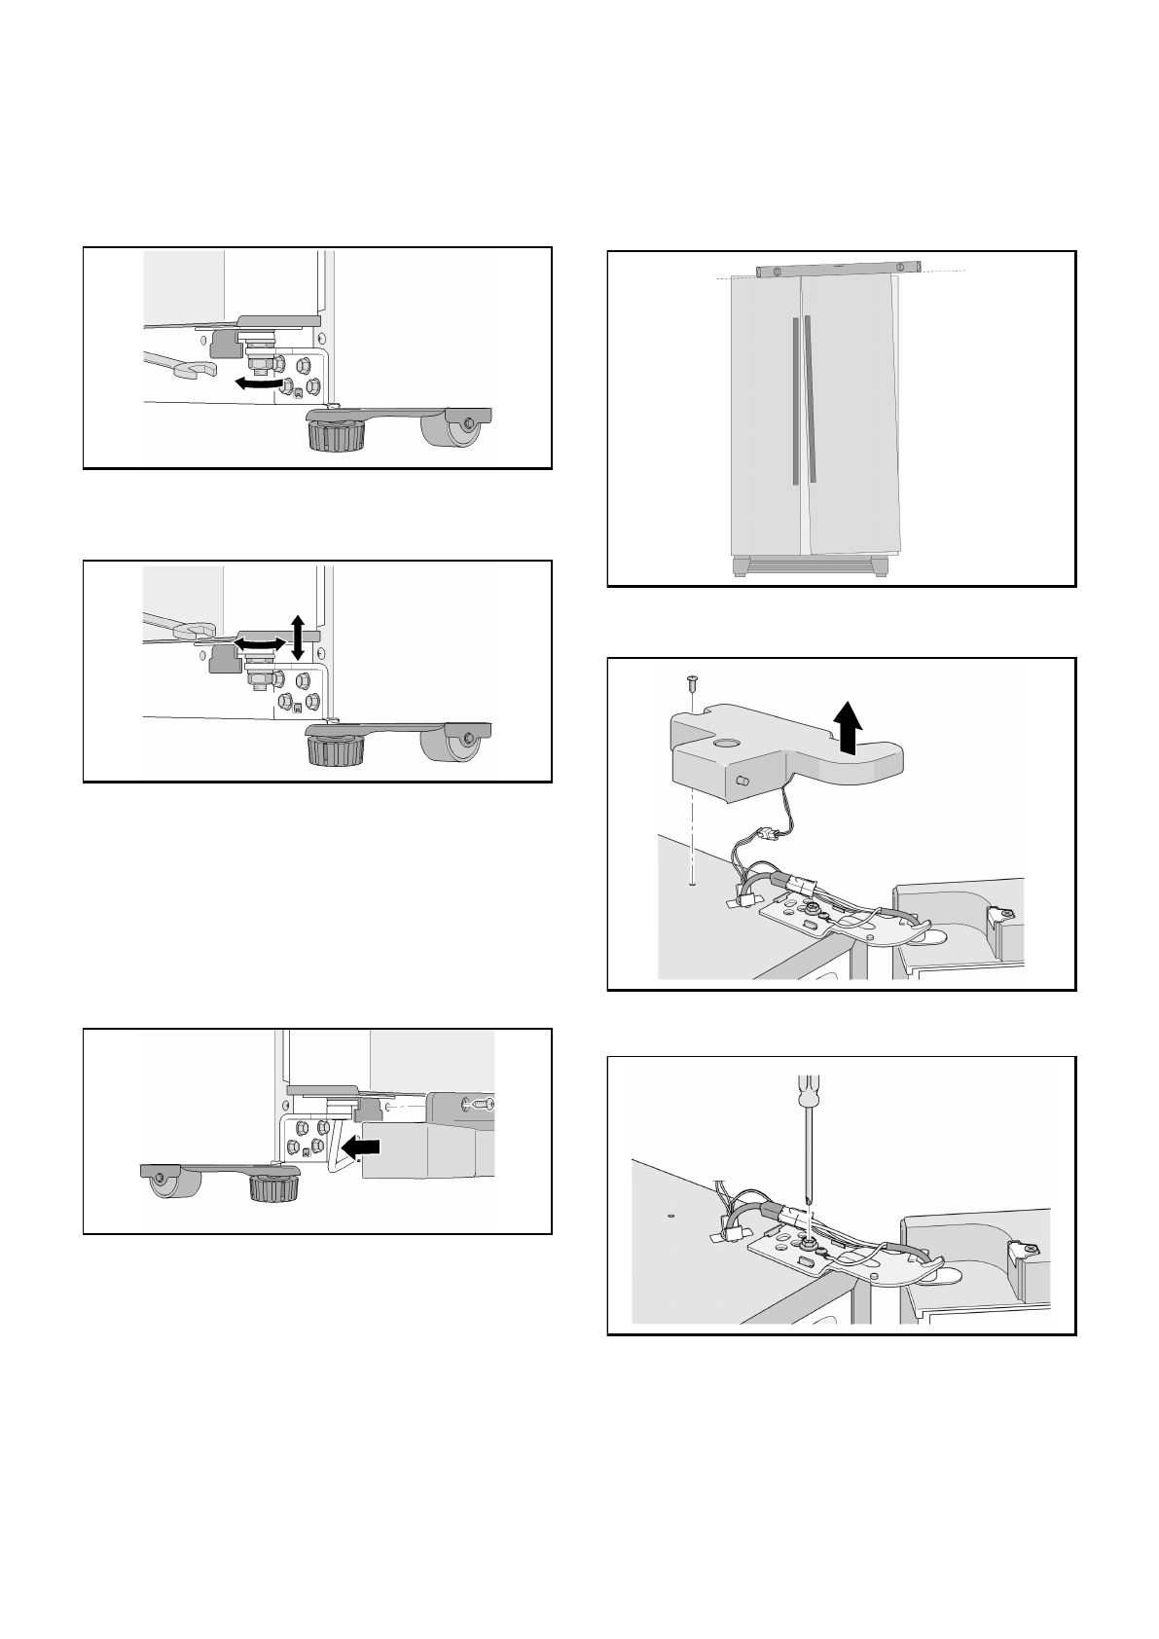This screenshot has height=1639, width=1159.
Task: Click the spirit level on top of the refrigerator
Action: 838,269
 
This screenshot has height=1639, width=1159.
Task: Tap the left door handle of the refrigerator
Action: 795,400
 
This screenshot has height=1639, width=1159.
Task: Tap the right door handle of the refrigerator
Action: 810,397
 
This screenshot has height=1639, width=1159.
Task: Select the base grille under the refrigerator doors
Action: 810,566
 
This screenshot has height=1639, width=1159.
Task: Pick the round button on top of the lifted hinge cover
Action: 725,742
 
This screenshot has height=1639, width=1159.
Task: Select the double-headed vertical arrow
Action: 298,637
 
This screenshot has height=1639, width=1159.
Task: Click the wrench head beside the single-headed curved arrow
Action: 195,370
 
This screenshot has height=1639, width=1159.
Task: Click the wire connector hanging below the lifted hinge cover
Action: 766,833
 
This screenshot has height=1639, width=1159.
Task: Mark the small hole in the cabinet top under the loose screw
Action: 690,885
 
